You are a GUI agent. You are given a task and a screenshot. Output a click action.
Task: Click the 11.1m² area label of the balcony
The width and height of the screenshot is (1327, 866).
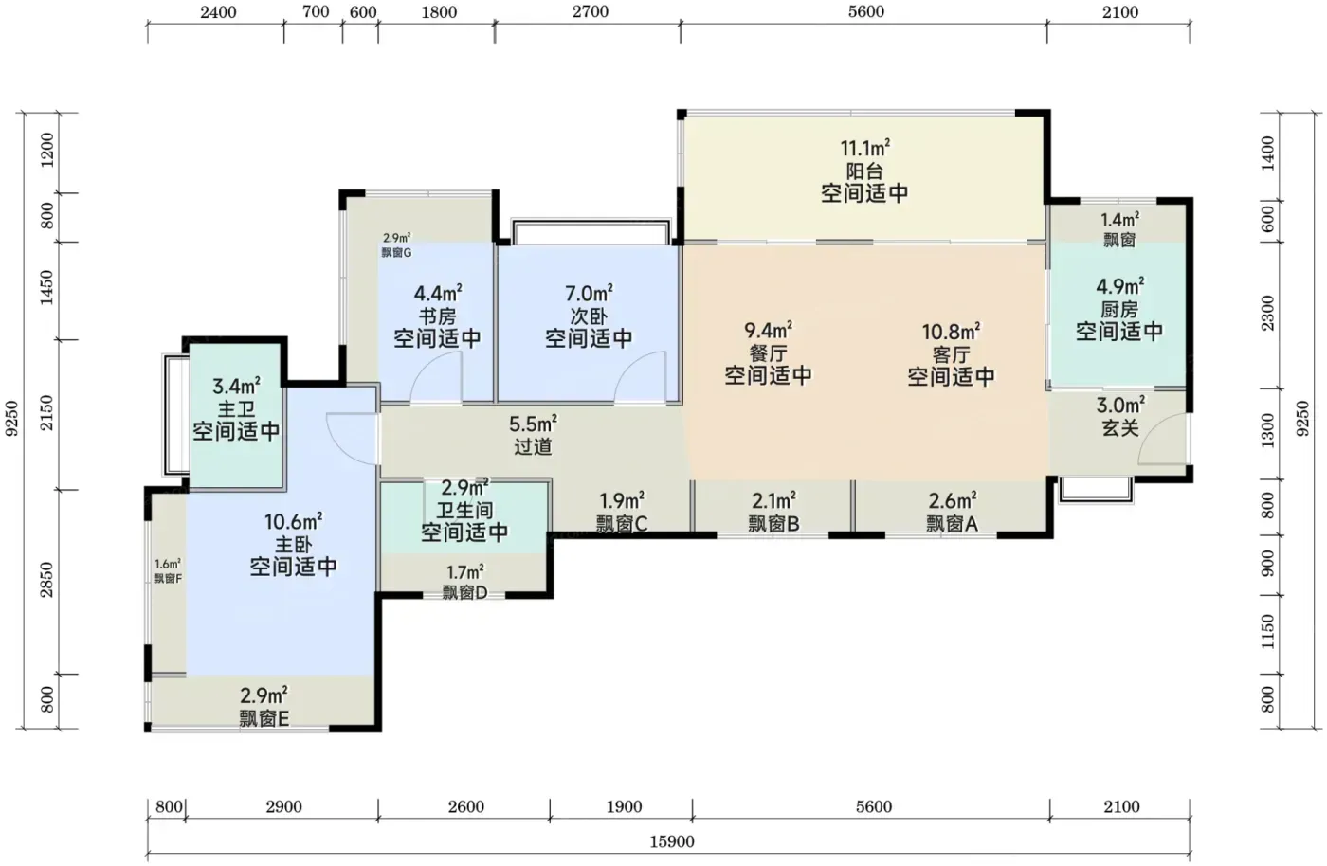pos(864,148)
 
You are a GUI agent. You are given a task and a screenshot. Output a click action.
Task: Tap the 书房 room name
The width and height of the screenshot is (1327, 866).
pos(438,316)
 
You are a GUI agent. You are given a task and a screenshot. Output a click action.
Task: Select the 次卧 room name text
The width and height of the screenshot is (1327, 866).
pos(589,316)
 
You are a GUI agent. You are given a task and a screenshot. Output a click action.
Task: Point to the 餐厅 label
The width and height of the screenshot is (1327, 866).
pos(769,353)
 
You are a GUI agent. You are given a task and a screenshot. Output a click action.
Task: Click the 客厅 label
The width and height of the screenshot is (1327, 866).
pos(951,354)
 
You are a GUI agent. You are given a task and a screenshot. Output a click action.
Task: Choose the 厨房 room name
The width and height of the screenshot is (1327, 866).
pos(1119,309)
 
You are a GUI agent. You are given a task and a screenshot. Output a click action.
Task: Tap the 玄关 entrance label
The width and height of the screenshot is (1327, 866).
pos(1120,427)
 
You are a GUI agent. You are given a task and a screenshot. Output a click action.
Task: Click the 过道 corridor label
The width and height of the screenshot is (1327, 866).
pos(533,446)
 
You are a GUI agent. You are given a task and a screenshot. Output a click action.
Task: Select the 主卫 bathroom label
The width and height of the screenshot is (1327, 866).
pos(236,408)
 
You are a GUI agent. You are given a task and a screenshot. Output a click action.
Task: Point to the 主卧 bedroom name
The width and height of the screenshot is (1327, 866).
pos(293,545)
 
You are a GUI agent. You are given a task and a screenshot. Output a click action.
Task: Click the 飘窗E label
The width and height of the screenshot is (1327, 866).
pos(264,718)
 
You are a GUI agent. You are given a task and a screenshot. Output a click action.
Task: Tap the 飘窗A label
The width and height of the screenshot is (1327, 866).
pos(952,524)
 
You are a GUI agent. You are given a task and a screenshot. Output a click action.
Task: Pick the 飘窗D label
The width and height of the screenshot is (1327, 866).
pos(465,592)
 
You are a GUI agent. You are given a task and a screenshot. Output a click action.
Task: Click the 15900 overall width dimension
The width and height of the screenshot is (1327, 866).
pos(672,841)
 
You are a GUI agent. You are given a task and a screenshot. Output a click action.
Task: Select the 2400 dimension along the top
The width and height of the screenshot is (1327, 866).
pos(218,12)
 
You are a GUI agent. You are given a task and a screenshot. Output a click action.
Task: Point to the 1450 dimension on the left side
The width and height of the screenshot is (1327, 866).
pos(46,288)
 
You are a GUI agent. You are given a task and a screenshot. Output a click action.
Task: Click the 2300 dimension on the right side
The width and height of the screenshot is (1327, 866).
pos(1267,314)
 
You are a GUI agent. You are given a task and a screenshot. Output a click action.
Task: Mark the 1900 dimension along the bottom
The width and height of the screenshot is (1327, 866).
pos(625,806)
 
